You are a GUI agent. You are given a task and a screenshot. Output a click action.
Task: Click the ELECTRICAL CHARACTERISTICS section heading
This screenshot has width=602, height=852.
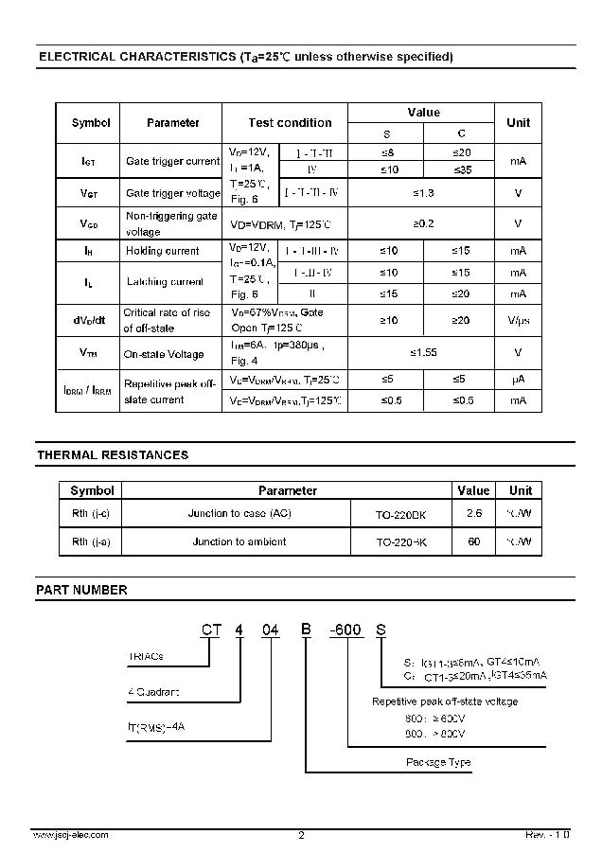[245, 57]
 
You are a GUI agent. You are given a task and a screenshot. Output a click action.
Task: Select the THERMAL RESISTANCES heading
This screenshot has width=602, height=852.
[113, 455]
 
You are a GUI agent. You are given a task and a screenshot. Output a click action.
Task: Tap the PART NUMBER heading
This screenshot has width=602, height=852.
[81, 590]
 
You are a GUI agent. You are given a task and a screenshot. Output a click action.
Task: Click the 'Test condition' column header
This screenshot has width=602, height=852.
[290, 123]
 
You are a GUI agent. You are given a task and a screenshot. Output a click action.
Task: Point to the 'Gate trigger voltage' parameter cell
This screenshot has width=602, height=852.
[173, 193]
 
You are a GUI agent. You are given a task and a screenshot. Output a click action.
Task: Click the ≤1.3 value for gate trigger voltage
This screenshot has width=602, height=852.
[423, 193]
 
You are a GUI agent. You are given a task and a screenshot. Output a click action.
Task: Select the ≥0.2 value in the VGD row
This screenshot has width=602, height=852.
[423, 223]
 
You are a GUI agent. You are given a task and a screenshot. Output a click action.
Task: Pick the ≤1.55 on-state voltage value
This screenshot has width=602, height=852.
[423, 352]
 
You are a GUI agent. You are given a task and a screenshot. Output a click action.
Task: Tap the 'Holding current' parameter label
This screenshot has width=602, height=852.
[163, 251]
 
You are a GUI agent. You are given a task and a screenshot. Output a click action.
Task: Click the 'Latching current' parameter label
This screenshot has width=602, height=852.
[165, 281]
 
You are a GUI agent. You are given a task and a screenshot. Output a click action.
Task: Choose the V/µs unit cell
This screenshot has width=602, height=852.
[518, 321]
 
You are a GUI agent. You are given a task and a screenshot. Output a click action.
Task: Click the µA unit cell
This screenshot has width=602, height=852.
[518, 380]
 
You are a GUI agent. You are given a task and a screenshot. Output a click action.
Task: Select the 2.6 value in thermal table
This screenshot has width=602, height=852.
[474, 513]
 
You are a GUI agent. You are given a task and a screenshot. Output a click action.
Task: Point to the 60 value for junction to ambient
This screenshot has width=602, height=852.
[474, 542]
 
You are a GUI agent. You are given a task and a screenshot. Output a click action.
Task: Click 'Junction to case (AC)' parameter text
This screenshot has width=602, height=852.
[240, 513]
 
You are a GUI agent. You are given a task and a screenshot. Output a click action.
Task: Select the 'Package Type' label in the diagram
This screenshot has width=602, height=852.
[438, 763]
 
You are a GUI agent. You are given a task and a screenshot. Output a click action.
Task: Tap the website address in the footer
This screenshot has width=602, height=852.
[70, 835]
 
